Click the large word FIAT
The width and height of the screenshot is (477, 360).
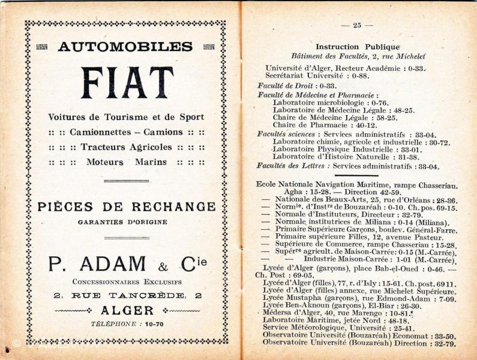pyautogui.click(x=127, y=83)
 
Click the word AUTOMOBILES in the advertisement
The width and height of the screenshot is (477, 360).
pyautogui.click(x=125, y=47)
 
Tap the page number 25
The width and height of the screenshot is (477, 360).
pyautogui.click(x=357, y=25)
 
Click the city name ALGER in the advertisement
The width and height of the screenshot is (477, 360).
pyautogui.click(x=127, y=310)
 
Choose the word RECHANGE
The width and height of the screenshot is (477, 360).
pyautogui.click(x=173, y=207)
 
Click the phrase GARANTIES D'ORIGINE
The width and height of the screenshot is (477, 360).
pyautogui.click(x=122, y=221)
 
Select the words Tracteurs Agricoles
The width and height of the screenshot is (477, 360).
pyautogui.click(x=126, y=147)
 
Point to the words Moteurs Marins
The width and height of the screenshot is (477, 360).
pyautogui.click(x=126, y=162)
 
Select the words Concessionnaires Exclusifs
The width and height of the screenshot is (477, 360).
pyautogui.click(x=127, y=281)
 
